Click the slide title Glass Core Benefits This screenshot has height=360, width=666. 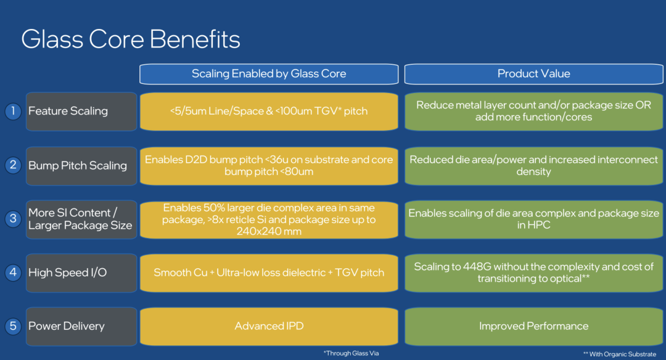(x=130, y=39)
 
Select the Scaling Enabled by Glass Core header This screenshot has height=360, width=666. (x=269, y=74)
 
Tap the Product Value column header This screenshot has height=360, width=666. (x=533, y=74)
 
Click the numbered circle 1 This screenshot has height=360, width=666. (x=13, y=111)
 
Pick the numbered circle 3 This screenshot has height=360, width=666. (x=13, y=219)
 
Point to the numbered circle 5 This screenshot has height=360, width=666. (x=13, y=326)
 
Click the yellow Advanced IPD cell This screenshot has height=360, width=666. (x=269, y=326)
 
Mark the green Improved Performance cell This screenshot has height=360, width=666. (x=533, y=326)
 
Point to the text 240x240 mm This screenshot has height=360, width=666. (x=269, y=231)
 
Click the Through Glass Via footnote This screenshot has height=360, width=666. (x=351, y=353)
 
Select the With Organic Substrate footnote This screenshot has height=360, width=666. (x=619, y=354)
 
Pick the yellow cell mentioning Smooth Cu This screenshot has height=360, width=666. (x=269, y=272)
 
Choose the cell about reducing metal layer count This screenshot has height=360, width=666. (x=533, y=111)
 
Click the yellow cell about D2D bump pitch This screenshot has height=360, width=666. (x=269, y=166)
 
